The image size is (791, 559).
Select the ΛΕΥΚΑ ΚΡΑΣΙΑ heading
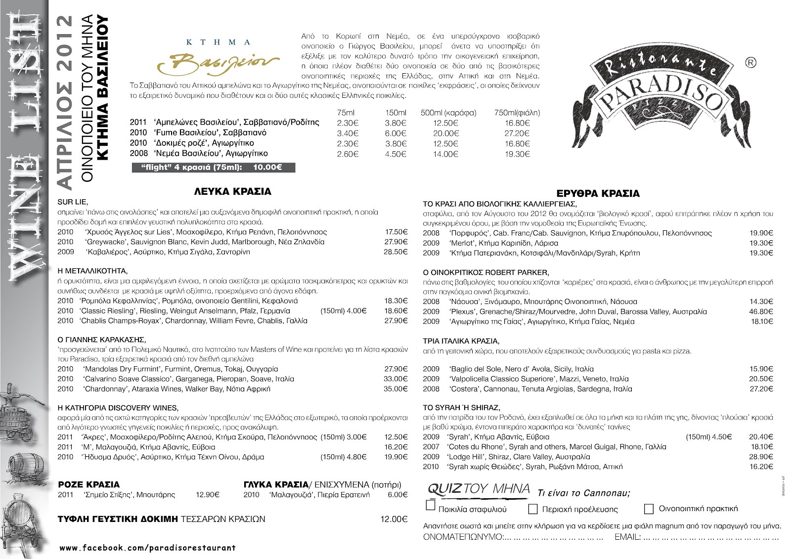click(x=232, y=191)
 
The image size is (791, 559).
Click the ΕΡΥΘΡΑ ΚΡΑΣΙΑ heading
click(x=598, y=193)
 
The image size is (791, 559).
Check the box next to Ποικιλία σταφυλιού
click(x=430, y=506)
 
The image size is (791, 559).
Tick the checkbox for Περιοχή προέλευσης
click(x=533, y=509)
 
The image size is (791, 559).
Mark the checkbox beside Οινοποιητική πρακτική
click(x=649, y=509)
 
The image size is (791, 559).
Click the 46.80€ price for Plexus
click(x=761, y=311)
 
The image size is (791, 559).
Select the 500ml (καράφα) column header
click(x=448, y=113)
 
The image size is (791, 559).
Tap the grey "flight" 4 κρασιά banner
click(x=213, y=168)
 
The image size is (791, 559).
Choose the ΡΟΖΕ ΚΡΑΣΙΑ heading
click(x=89, y=484)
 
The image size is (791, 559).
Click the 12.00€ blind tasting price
click(x=394, y=519)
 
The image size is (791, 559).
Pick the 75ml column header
click(x=346, y=113)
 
